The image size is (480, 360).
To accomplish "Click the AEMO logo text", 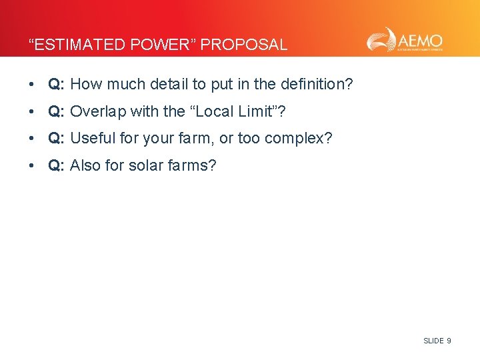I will [x=421, y=38].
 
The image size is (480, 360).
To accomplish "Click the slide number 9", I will [x=449, y=341].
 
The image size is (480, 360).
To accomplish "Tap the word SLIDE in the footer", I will [x=433, y=341].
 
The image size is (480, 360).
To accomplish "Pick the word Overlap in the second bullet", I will [x=95, y=111].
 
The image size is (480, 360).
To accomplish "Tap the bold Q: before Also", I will [x=56, y=166].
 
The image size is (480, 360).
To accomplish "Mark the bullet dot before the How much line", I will [x=31, y=85].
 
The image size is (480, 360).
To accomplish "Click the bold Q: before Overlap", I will [x=56, y=111].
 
